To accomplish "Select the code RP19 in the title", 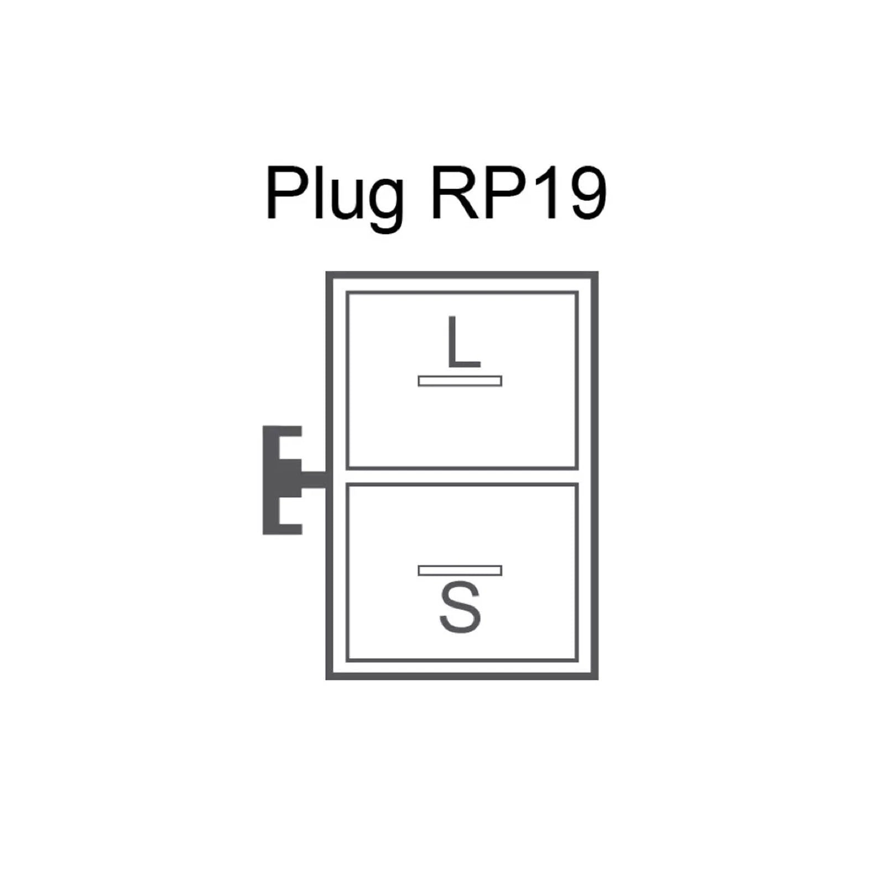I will (518, 194).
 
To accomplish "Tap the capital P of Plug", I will (286, 194).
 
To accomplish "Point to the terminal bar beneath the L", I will (460, 381).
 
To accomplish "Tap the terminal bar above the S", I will (460, 570).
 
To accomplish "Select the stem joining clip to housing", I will (314, 480).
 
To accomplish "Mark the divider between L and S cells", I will (462, 476).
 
